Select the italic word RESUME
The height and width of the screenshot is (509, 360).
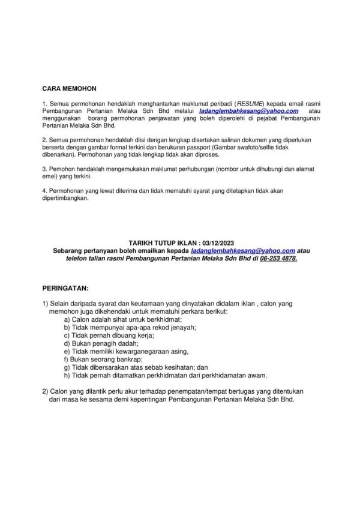(229, 104)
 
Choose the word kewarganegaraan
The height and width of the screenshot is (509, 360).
(143, 351)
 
